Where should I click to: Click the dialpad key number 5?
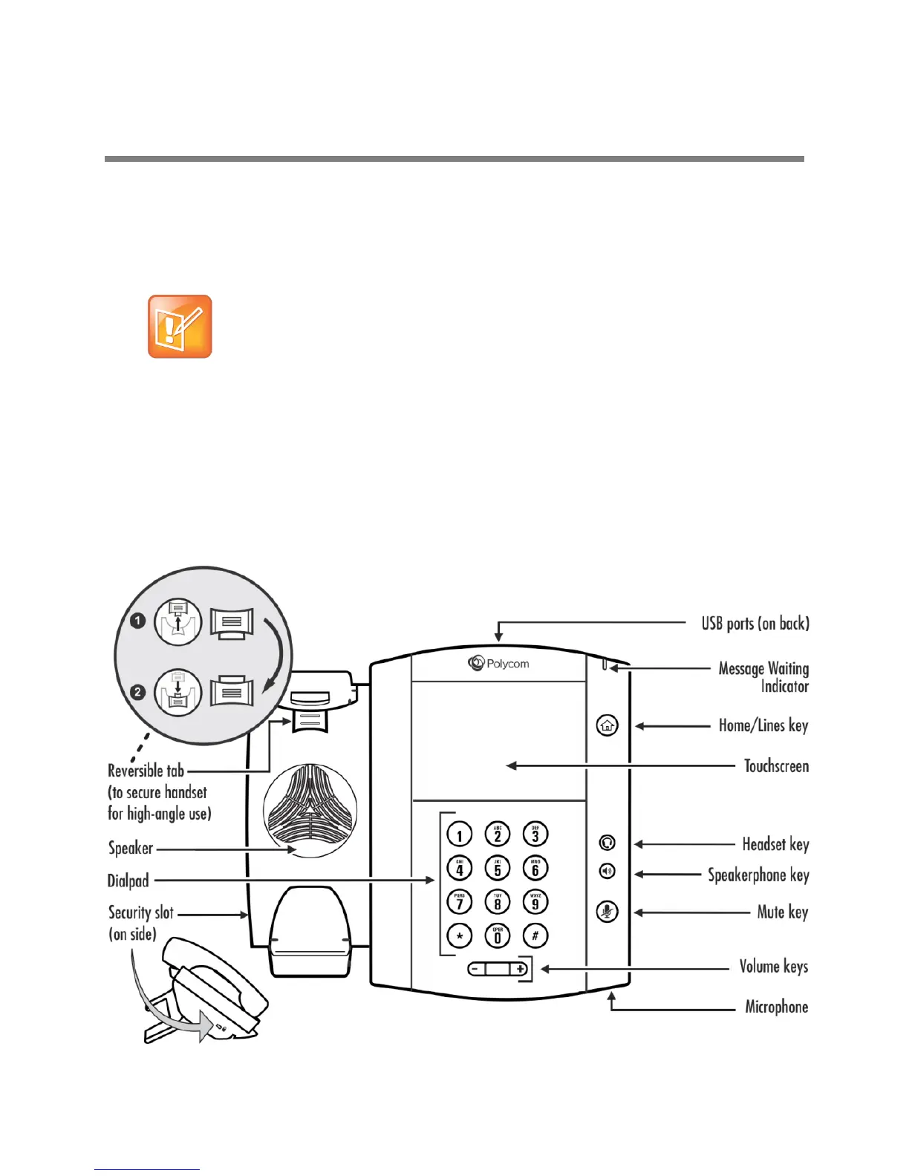coord(498,868)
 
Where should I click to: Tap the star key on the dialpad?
coord(460,936)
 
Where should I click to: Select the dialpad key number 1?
coord(460,834)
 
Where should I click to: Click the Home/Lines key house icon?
coord(607,725)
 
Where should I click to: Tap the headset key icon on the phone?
coord(607,843)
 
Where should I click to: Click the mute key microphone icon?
coord(607,912)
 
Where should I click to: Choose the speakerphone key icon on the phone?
coord(607,871)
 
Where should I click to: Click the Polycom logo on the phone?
coord(498,664)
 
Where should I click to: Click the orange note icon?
coord(180,327)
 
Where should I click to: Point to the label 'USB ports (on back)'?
coord(755,624)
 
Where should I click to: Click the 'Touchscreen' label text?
coord(776,766)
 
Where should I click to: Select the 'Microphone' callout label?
coord(776,1007)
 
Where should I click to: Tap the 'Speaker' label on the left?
coord(131,848)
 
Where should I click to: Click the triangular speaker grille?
coord(310,811)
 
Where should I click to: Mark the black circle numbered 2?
coord(137,692)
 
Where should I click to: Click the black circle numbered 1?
coord(137,620)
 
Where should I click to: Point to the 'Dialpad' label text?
coord(128,881)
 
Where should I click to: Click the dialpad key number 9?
coord(535,902)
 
